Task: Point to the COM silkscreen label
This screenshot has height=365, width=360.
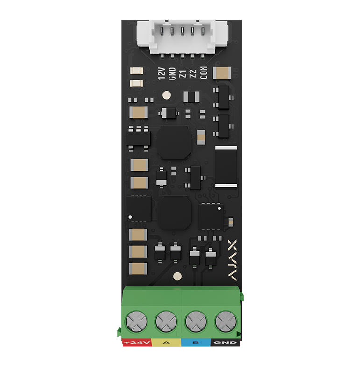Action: [x=204, y=74]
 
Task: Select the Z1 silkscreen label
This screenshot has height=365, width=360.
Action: [x=183, y=74]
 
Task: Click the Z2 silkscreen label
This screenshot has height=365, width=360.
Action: [x=193, y=74]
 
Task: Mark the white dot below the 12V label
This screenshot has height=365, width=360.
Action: [x=166, y=95]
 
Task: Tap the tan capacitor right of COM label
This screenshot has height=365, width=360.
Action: [x=221, y=73]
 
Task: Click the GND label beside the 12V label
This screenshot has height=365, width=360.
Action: [x=172, y=74]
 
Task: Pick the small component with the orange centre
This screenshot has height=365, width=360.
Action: [x=201, y=137]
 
